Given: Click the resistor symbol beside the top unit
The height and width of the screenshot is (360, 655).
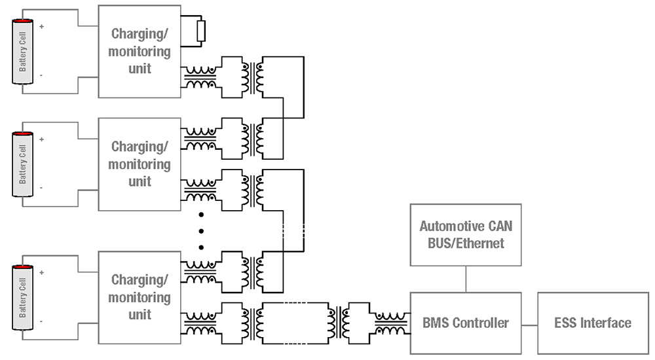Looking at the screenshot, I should pos(201,31).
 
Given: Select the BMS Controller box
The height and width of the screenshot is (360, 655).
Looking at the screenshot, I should pos(466,323).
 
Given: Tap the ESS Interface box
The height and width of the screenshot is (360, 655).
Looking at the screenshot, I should pos(593,323).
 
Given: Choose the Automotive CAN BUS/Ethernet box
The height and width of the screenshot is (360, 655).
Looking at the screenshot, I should pos(466,234).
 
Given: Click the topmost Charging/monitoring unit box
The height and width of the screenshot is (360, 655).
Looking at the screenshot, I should pos(140,51).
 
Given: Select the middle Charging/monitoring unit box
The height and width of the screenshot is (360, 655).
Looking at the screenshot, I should pos(140,164).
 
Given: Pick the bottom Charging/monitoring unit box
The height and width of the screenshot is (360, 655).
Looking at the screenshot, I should pos(140,297).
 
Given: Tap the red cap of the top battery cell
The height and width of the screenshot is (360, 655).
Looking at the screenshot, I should pos(24,24).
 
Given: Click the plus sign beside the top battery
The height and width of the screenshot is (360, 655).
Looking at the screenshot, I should pos(41,27).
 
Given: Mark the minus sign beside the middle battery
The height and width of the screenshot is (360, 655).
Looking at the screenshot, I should pos(41,187).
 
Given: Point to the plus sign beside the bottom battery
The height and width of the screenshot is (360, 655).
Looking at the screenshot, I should pos(41,272).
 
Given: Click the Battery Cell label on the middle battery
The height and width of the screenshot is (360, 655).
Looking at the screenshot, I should pos(24,165).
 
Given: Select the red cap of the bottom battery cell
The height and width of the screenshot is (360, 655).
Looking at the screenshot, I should pos(24,268).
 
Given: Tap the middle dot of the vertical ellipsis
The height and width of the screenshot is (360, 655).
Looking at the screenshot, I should pos(201,231).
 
